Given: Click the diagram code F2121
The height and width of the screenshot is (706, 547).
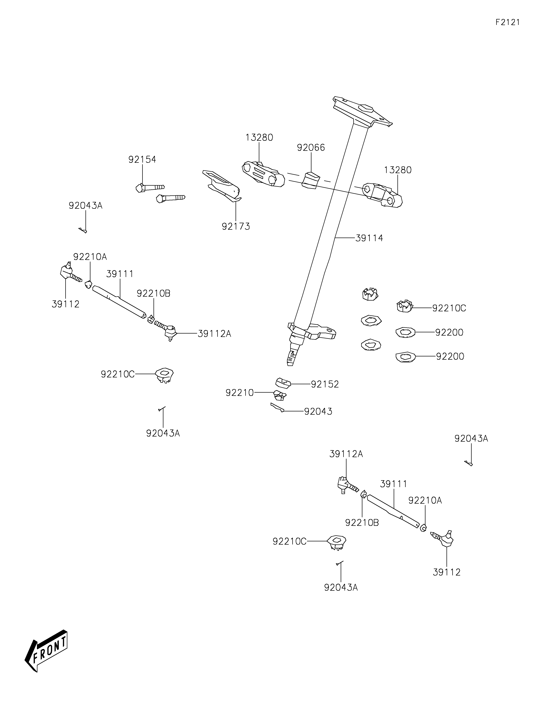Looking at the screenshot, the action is pyautogui.click(x=508, y=22).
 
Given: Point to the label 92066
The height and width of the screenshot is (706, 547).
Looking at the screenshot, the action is pyautogui.click(x=311, y=148).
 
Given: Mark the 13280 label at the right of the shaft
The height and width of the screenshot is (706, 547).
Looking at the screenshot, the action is pyautogui.click(x=398, y=170).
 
